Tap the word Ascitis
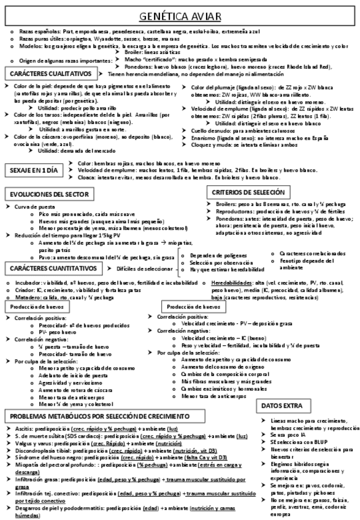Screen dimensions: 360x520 click(x=23, y=429)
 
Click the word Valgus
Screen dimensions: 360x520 click(x=22, y=443)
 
